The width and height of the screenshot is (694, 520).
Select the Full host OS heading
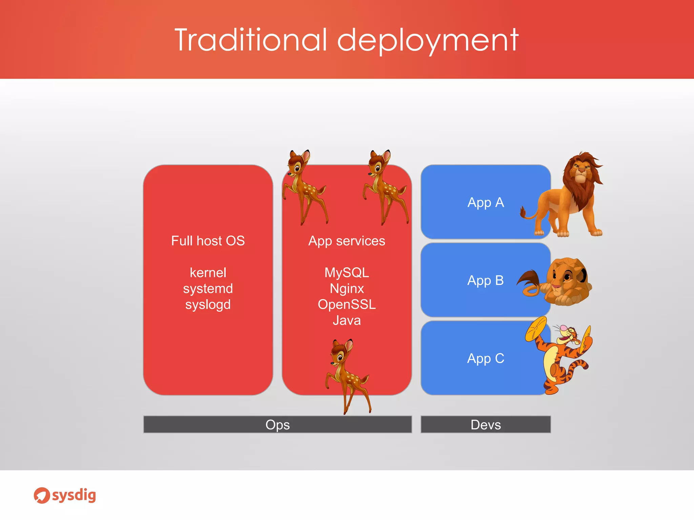[x=208, y=241]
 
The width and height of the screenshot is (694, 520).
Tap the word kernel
[x=208, y=273]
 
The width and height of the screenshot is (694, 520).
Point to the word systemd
[x=208, y=288]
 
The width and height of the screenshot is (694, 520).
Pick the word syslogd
[x=208, y=304]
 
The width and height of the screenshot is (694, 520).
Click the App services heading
[x=347, y=241]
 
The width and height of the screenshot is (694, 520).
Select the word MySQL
[x=347, y=273]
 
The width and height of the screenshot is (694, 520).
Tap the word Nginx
[x=347, y=288]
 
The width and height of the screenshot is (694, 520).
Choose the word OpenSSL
[x=347, y=304]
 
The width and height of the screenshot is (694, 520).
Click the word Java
[x=347, y=320]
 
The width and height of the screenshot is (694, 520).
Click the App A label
[x=486, y=202]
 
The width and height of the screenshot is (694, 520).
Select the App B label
[x=485, y=280]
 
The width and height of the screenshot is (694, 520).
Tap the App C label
[x=486, y=358]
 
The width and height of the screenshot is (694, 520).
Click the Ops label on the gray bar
[x=278, y=425]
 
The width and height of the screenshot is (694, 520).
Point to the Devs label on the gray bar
[x=486, y=425]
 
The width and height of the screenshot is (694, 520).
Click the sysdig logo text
[x=74, y=495]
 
